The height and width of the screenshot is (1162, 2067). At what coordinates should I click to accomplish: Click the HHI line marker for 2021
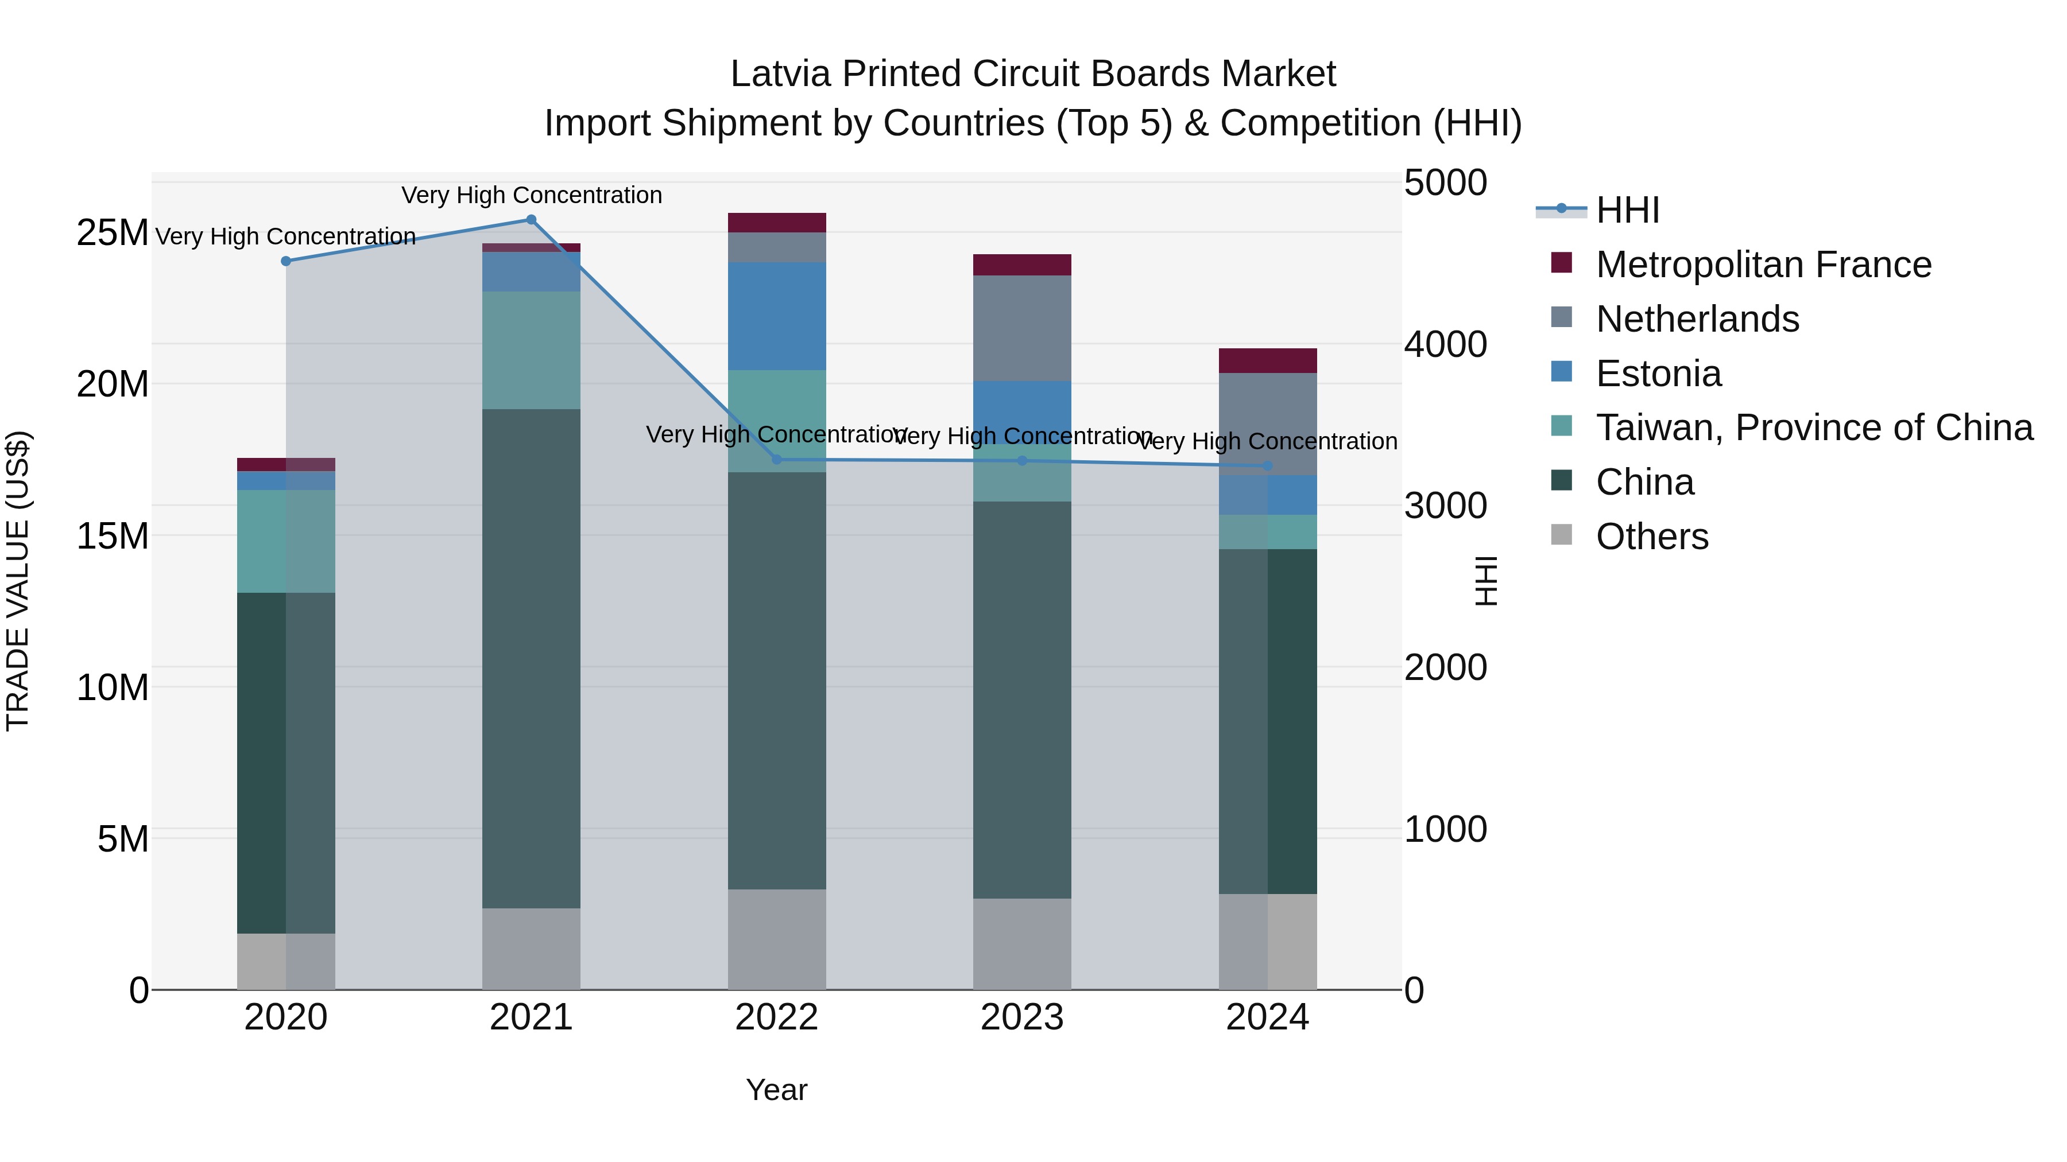click(x=531, y=220)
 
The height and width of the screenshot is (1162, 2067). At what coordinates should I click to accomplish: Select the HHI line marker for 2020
click(x=286, y=261)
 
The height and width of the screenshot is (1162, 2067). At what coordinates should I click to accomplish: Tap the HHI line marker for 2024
click(x=1267, y=466)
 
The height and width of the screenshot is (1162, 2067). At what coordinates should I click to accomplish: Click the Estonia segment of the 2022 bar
click(x=777, y=316)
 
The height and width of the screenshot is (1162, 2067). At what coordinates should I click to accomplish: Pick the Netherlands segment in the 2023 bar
click(x=1021, y=328)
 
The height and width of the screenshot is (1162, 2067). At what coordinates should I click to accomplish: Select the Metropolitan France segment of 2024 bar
click(x=1267, y=361)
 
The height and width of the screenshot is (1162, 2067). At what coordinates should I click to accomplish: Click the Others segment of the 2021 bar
click(x=531, y=949)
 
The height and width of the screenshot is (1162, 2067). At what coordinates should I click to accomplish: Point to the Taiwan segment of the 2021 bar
click(x=531, y=351)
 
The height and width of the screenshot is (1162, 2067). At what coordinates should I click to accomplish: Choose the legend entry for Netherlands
click(x=1697, y=319)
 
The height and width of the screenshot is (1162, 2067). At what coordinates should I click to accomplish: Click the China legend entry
click(x=1644, y=483)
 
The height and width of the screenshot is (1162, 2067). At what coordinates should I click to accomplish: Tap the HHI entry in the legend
click(x=1627, y=210)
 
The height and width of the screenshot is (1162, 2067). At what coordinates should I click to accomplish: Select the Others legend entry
click(x=1651, y=537)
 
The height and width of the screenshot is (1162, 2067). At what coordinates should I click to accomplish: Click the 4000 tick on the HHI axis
click(x=1445, y=345)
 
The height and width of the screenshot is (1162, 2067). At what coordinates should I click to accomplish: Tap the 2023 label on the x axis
click(x=1021, y=1017)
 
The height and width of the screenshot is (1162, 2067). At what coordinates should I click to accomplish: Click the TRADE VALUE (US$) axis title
click(x=18, y=581)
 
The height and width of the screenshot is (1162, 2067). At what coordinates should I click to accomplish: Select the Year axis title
click(x=776, y=1090)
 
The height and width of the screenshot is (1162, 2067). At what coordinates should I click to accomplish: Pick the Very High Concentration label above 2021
click(x=531, y=195)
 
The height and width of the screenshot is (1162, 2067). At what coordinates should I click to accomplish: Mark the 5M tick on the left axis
click(x=123, y=839)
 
